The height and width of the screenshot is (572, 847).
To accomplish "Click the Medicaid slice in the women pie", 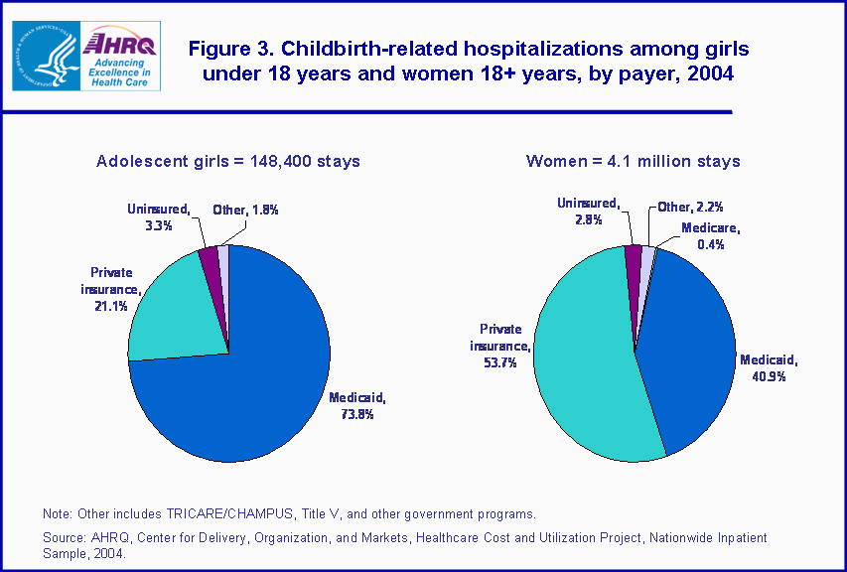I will coord(685,348).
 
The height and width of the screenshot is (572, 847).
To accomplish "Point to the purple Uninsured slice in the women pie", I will coord(634,255).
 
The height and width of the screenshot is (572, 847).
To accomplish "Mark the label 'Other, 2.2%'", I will coord(690,208).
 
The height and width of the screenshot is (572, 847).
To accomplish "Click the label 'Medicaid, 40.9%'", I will coord(769,369).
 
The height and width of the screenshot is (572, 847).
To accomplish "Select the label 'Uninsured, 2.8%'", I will coord(588,211).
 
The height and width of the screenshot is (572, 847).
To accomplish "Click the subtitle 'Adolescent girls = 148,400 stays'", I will coord(227,161).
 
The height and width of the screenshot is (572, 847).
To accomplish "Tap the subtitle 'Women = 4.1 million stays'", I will coord(633,161).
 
